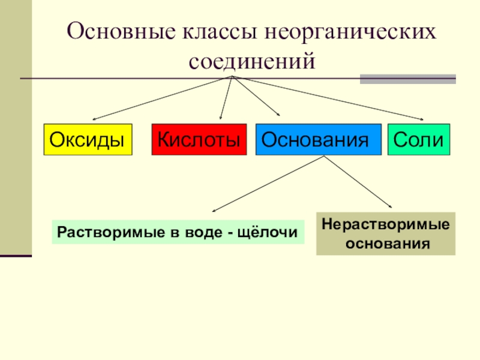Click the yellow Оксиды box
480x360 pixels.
pos(88,140)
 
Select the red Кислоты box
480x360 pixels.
pos(199,140)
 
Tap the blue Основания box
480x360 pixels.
pos(318,140)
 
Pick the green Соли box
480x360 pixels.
pos(419,140)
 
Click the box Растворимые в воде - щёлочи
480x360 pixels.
pos(178,232)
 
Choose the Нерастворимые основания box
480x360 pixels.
pos(386,234)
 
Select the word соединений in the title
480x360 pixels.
pos(252,61)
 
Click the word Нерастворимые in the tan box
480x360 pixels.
pos(386,225)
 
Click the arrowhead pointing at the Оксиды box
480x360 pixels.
pos(95,119)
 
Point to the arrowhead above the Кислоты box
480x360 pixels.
pos(221,118)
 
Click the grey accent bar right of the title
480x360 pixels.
pos(407,79)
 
